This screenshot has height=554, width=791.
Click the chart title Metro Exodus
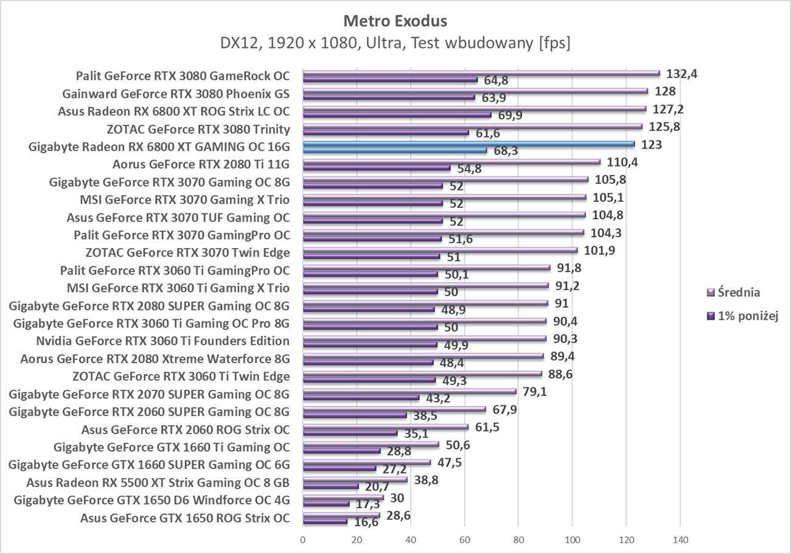tap(395, 21)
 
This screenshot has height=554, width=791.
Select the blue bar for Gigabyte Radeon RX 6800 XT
tap(469, 145)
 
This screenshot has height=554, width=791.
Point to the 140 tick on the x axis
tap(680, 539)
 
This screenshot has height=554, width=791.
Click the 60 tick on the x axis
tap(464, 539)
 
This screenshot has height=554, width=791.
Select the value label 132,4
tap(682, 74)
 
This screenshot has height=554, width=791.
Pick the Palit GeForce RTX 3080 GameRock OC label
tap(183, 76)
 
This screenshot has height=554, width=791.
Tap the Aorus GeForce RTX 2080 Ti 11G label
tap(201, 164)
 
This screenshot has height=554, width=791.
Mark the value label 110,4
tap(622, 162)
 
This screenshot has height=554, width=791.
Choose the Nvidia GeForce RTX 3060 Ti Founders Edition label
tap(162, 341)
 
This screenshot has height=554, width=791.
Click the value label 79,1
tap(535, 391)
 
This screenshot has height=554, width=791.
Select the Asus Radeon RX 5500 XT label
tap(158, 483)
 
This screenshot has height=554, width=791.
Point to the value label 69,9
tap(510, 116)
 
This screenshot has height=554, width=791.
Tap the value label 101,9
tap(599, 250)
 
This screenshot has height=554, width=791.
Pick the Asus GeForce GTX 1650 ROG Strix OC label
tap(184, 519)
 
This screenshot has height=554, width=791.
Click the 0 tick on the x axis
tap(303, 539)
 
